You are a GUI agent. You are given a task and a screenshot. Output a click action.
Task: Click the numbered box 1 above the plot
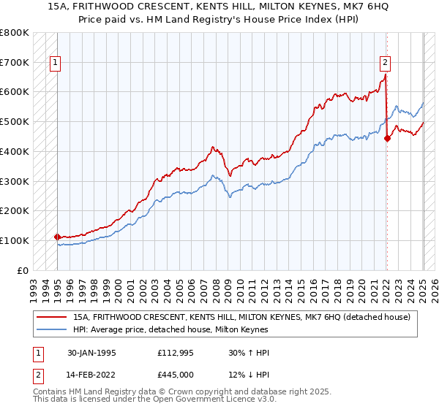[x=56, y=64]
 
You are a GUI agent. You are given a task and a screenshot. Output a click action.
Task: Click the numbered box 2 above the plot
[x=385, y=64]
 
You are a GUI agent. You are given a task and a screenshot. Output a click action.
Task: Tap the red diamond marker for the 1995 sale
[x=56, y=237]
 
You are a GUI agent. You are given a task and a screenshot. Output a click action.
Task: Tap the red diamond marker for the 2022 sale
[x=387, y=138]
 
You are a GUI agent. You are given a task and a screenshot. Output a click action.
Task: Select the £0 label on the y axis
[x=23, y=270]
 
